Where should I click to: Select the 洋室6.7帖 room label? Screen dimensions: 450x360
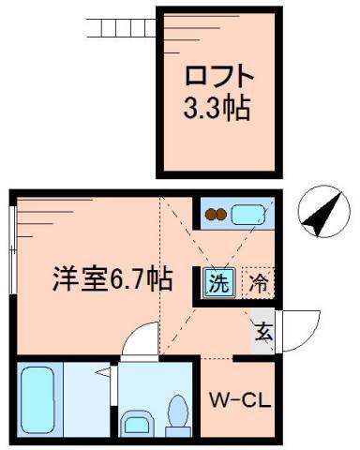click(x=111, y=278)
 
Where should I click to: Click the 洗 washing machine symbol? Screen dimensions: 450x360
click(x=217, y=280)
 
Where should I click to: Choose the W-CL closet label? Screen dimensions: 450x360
click(x=239, y=401)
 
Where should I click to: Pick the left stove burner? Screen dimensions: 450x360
click(x=212, y=215)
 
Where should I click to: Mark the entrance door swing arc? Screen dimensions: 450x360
click(x=292, y=327)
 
